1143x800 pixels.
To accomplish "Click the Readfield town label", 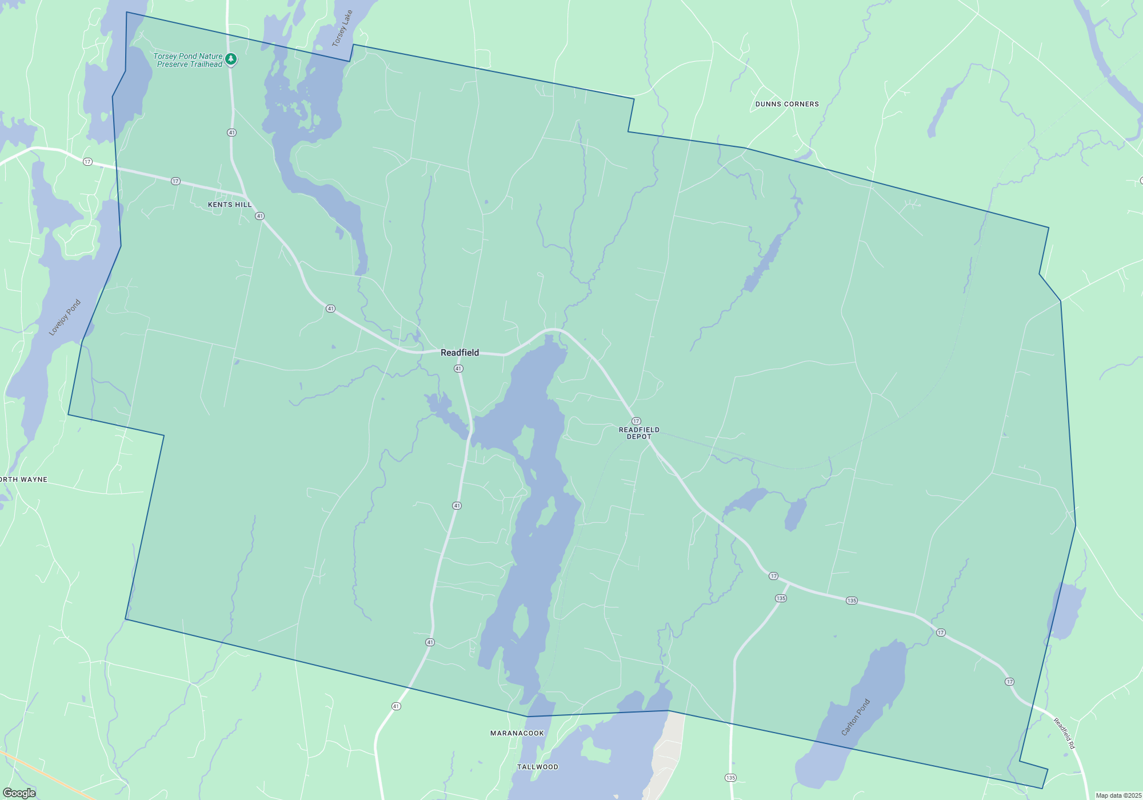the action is coord(459,353).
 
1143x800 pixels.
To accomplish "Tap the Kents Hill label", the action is coord(230,205).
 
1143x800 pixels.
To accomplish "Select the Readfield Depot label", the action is coord(639,433).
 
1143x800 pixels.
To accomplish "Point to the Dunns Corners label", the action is coord(787,104).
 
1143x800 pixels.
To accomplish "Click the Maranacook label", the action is coord(517,733).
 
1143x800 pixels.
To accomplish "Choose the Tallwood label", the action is coord(537,767).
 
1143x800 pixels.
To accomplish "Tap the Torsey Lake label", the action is coord(342,29).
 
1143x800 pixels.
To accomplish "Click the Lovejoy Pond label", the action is coord(65,318).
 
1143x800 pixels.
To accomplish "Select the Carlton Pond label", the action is coord(856,717).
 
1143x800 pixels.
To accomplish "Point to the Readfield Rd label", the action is coord(1064,734).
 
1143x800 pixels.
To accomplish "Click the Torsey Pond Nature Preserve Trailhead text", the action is coord(189,60).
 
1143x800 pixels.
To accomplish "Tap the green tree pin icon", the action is coord(231,59).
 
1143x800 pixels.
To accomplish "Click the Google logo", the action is coord(19,793).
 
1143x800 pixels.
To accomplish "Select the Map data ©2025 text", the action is coord(1118,795).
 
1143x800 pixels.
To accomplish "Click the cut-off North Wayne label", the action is coord(23,479).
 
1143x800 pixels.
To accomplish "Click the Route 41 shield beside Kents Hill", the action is coord(260,216).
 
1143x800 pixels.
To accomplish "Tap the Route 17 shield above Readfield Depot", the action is coord(636,421).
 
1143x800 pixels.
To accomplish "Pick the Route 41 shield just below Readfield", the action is coord(458,369).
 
